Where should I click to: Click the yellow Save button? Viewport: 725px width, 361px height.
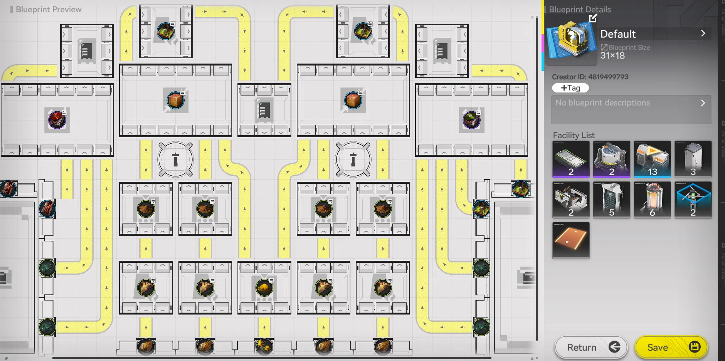[x=671, y=347]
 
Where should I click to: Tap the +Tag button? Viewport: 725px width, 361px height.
[x=570, y=88]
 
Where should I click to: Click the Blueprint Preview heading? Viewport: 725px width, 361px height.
[x=49, y=9]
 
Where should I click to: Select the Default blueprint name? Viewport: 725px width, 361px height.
[x=618, y=34]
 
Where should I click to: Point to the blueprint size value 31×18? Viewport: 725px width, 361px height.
[x=612, y=55]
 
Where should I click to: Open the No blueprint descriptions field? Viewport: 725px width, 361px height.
[x=631, y=109]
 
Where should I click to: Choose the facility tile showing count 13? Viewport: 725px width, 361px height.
[x=652, y=159]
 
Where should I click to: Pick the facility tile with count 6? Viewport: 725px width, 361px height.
[x=652, y=200]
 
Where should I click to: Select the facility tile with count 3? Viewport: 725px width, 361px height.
[x=693, y=159]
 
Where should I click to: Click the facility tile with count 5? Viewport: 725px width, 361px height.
[x=612, y=200]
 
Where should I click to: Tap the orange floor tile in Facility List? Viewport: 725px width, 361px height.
[x=571, y=240]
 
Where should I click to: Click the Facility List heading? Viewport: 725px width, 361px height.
[x=574, y=135]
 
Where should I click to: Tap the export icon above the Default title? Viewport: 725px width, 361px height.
[x=593, y=18]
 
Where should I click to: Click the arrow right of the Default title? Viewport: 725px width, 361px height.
[x=703, y=34]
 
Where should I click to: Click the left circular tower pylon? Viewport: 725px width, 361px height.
[x=175, y=159]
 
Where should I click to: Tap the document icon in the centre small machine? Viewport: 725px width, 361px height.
[x=264, y=110]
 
